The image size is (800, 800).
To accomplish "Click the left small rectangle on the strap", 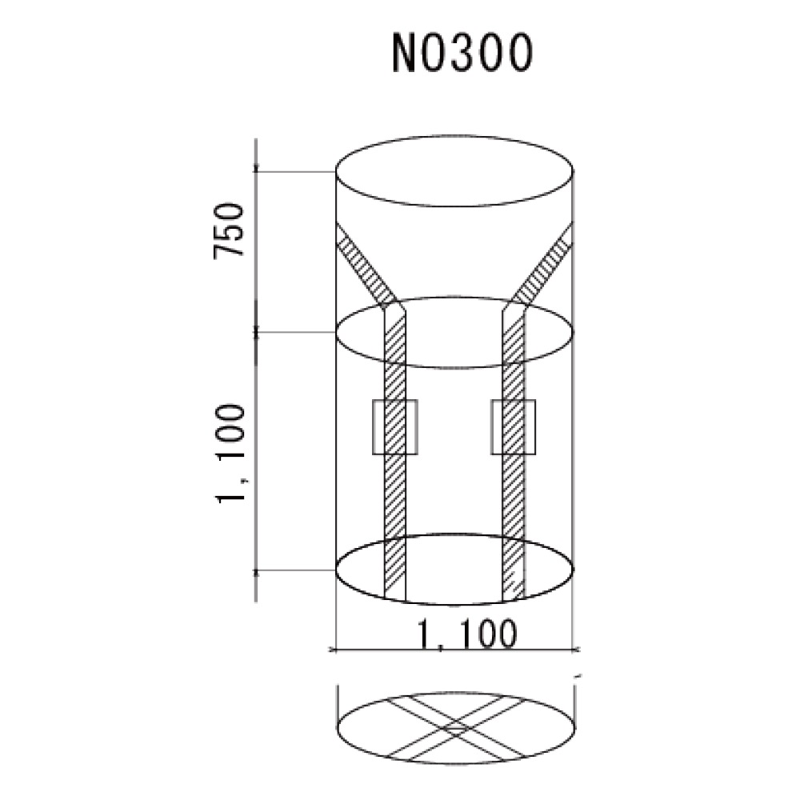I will point(396,428).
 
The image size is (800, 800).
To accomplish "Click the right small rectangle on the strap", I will point(513,428).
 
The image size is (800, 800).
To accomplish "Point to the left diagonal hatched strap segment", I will point(364,266).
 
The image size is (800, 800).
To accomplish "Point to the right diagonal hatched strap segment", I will point(544,266).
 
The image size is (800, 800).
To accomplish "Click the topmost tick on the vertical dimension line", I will point(256,170).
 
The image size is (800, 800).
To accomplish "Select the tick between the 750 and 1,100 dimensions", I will point(256,331).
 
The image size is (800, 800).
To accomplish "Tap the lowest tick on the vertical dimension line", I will point(256,570).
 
